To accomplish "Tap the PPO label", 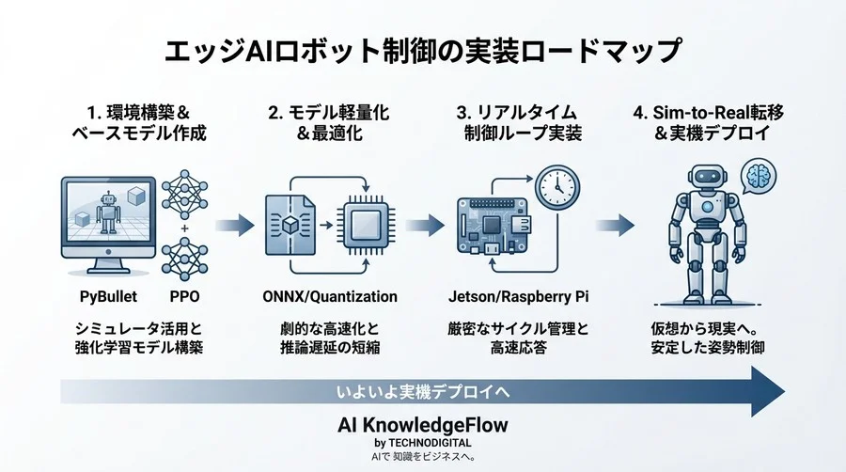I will (185, 296).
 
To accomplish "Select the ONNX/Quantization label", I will (326, 296).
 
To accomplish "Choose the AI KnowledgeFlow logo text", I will (422, 425).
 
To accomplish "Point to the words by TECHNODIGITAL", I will (422, 442).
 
